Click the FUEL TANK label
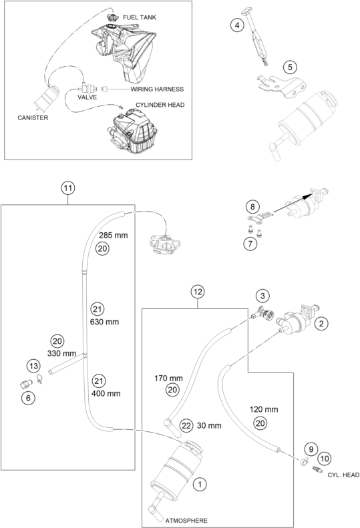140,17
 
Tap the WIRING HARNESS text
157,89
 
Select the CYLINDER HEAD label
160,105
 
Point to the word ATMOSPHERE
186,520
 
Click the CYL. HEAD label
343,475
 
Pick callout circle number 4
237,25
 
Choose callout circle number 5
290,67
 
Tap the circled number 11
67,188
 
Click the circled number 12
198,292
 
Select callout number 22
186,426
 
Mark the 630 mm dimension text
104,322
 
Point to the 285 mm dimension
114,235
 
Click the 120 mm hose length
264,409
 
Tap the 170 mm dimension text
168,378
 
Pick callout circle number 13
33,366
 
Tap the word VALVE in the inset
87,97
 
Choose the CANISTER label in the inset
33,118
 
